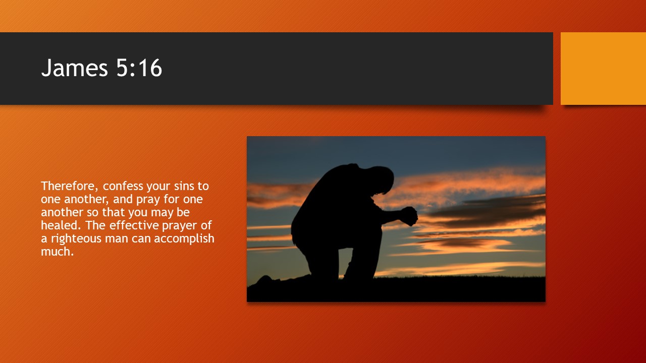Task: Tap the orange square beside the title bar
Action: point(603,69)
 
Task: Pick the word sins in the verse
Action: point(184,186)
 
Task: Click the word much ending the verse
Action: point(57,252)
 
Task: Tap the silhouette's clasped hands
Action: point(409,216)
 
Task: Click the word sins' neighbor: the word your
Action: point(156,186)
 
